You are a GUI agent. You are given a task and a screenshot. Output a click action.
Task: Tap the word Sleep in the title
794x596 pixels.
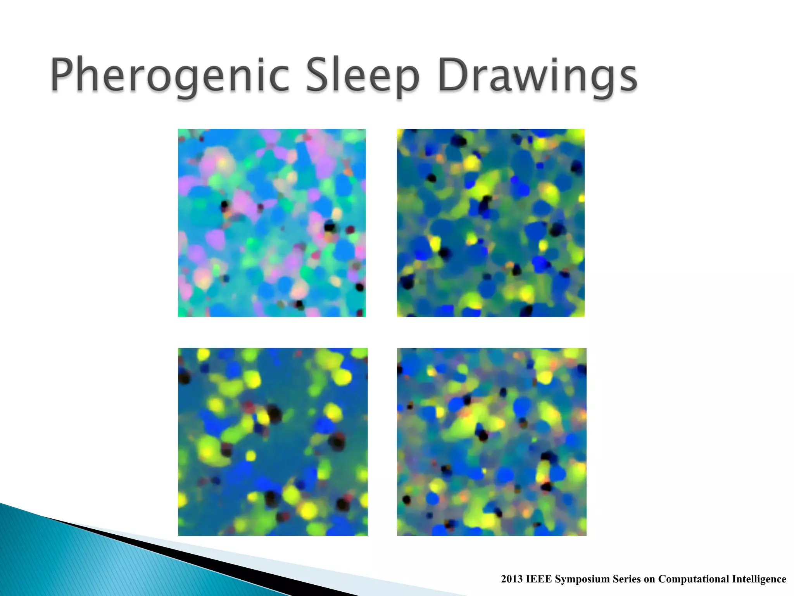point(362,76)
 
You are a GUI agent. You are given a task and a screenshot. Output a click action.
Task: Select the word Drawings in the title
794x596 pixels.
point(537,76)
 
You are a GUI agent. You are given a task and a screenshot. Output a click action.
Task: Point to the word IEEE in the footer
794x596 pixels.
point(539,579)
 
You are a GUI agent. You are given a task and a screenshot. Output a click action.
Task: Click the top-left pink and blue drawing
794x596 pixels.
point(271,223)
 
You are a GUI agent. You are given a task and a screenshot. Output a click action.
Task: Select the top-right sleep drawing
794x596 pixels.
point(490,223)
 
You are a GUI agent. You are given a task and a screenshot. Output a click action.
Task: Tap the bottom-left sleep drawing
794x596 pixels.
point(273,442)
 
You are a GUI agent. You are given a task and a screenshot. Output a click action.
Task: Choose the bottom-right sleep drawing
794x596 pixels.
point(491,442)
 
